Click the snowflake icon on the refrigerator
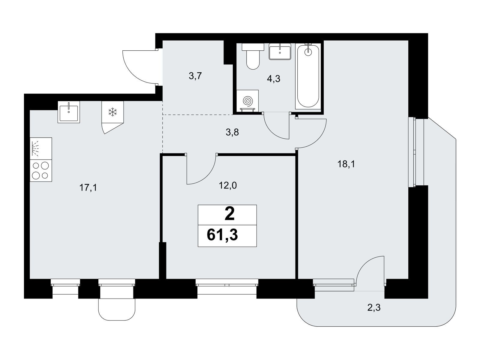coord(112,112)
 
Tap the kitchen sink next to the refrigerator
coord(69,112)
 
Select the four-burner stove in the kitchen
coord(41,170)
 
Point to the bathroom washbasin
coord(280,51)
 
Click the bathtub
coord(308,76)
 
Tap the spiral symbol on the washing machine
coord(248,101)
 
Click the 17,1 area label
coord(88,187)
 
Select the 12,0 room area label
coord(228,186)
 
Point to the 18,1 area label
coord(346,164)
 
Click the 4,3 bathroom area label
coord(274,79)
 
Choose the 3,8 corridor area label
coord(232,132)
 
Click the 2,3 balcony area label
coord(374,308)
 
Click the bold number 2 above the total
coord(229,214)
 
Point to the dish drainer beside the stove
coord(41,148)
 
